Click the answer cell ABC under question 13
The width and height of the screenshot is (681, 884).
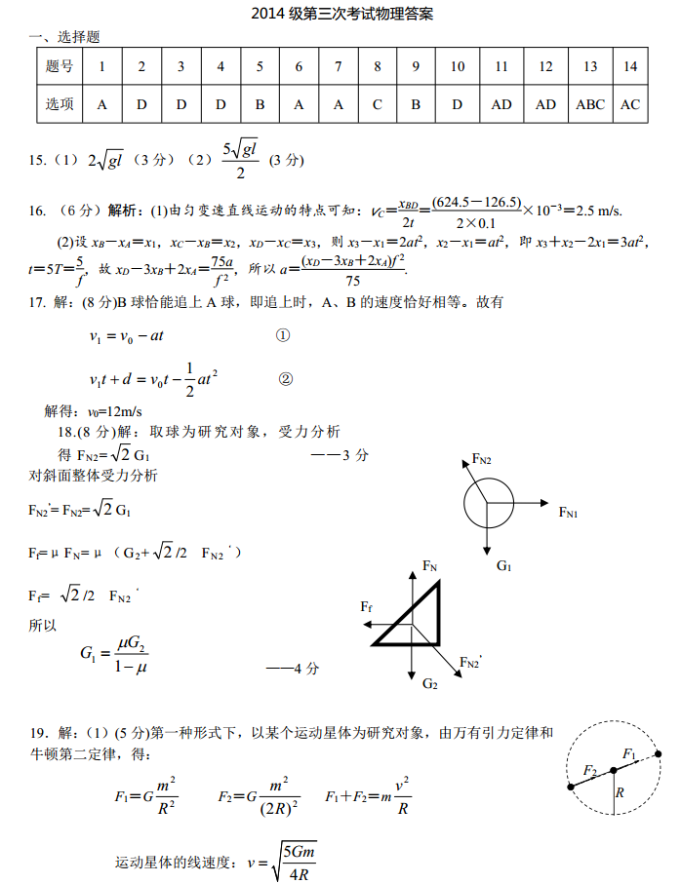(590, 104)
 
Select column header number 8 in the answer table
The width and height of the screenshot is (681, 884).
(378, 66)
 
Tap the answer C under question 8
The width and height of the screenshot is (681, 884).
(378, 104)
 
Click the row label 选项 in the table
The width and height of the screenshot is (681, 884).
(60, 104)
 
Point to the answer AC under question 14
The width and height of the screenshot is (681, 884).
(630, 104)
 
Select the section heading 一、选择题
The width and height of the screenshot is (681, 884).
(64, 37)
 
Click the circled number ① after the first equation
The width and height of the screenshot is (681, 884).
(283, 335)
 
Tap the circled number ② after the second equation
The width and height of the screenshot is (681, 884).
(285, 379)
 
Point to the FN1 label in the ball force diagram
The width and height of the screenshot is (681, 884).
(568, 512)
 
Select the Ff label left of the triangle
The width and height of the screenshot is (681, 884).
(366, 606)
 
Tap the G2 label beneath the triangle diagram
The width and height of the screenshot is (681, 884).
(430, 684)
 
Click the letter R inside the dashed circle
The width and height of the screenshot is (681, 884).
(619, 793)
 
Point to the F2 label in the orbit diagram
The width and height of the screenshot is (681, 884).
(589, 770)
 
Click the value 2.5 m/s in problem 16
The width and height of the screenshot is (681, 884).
(600, 211)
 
